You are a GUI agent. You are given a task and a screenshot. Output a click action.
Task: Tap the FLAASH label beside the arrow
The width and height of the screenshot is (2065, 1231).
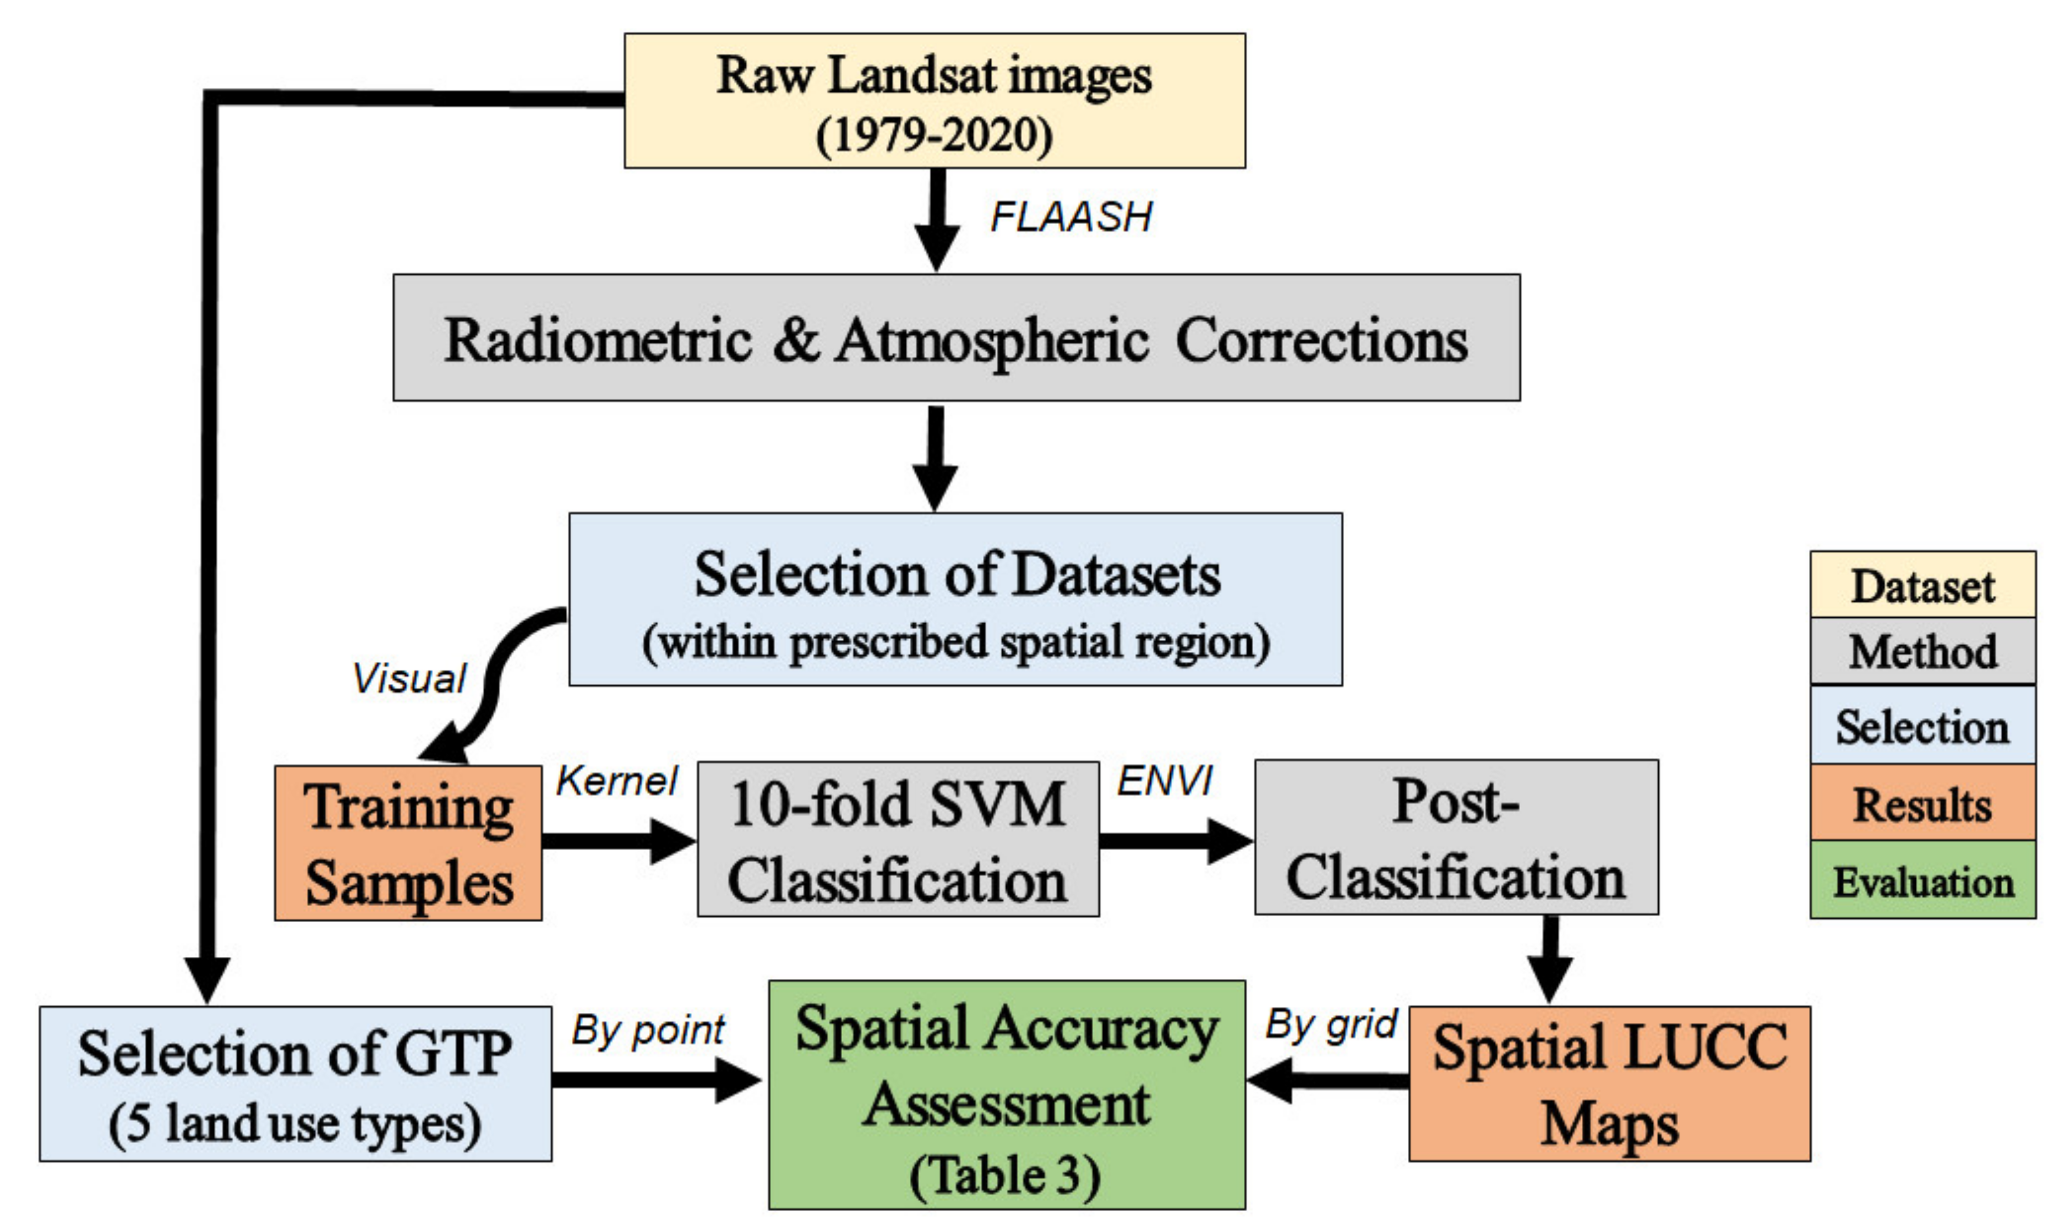1070,217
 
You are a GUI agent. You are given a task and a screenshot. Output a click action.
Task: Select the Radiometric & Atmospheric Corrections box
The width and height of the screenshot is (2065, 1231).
955,339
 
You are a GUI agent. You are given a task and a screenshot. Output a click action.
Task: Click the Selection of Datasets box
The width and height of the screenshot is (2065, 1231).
955,599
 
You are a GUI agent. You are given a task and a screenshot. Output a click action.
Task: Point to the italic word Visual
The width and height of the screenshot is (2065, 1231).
409,679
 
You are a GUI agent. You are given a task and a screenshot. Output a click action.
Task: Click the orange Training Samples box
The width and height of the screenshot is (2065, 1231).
408,843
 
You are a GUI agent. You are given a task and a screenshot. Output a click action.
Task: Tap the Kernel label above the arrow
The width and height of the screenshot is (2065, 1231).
616,781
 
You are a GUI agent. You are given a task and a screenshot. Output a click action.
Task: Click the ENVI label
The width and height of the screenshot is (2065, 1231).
1165,781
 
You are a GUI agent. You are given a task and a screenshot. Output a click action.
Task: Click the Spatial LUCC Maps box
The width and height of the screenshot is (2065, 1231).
1609,1083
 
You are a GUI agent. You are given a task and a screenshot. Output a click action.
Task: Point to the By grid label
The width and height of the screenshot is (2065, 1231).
1330,1025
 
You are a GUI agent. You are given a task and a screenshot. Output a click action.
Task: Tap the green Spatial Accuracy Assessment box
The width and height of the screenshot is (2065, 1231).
1006,1095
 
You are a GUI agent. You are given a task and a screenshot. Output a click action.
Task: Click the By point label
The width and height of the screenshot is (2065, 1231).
648,1030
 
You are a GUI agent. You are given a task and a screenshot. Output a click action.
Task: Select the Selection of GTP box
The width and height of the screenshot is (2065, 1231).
295,1084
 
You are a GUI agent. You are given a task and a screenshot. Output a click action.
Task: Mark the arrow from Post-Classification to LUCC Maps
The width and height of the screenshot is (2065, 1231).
1549,957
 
